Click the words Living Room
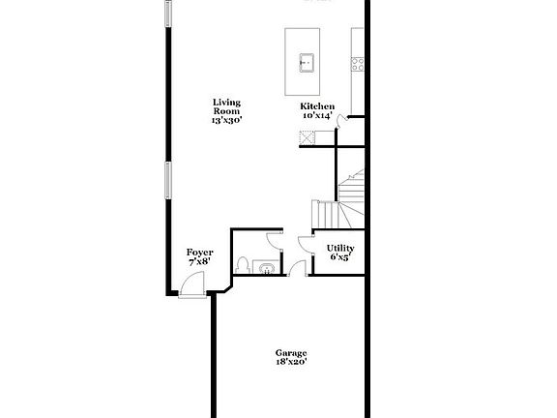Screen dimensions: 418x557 point(227,106)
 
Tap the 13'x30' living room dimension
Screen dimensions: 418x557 point(227,120)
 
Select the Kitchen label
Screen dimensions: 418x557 point(317,106)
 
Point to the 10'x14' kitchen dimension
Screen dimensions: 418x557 point(317,116)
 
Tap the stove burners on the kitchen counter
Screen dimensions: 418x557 point(357,65)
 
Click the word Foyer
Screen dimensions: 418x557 point(199,253)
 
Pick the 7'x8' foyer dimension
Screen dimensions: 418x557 point(199,262)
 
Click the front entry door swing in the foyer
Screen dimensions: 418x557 point(193,284)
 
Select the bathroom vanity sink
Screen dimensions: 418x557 point(267,267)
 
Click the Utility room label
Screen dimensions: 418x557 point(339,248)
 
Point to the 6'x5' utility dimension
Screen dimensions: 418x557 point(339,257)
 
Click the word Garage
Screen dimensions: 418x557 point(290,352)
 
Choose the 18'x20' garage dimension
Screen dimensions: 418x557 point(290,363)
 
